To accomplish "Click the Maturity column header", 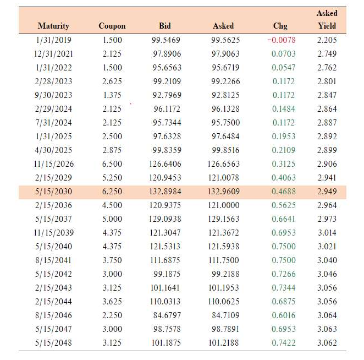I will [x=53, y=26].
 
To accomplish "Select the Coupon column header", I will [x=112, y=26].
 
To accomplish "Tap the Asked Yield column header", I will [x=327, y=19].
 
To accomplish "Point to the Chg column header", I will [x=280, y=26].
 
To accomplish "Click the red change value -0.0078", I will [x=282, y=40].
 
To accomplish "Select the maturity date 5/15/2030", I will [x=53, y=192].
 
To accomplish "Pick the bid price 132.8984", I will [x=165, y=192].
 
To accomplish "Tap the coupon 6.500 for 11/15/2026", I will [x=112, y=164].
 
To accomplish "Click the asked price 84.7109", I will [x=223, y=315].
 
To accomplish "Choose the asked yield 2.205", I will [x=327, y=40].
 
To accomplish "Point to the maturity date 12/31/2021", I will [x=53, y=54].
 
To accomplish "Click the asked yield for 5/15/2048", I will [x=327, y=343].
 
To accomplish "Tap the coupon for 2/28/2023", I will [x=112, y=81].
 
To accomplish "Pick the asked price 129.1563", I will [x=223, y=219].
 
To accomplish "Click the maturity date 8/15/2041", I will [x=53, y=260].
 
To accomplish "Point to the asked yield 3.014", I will [x=327, y=233].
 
